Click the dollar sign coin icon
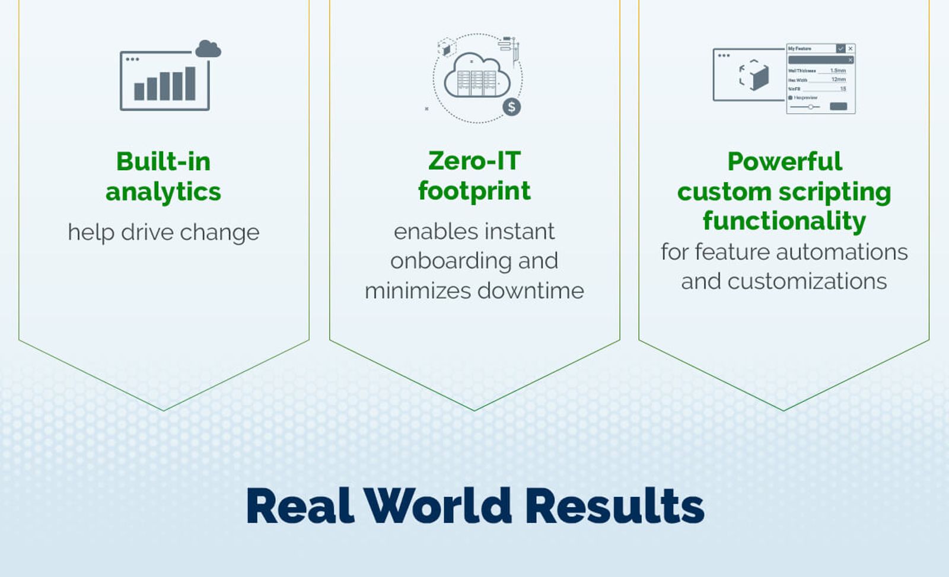coord(511,107)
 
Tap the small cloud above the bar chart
coord(208,49)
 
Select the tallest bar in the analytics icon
coord(190,83)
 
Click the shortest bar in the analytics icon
coord(139,91)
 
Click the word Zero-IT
coord(474,161)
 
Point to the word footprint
coord(474,191)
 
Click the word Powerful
coord(784,161)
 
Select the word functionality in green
coord(784,221)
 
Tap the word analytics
coord(163,192)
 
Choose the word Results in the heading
coord(614,506)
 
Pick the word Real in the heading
coord(300,506)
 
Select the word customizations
coord(807,281)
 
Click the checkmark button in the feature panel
coord(840,49)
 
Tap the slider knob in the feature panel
coord(811,107)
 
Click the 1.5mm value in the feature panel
coord(837,71)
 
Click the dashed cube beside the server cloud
coord(446,47)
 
